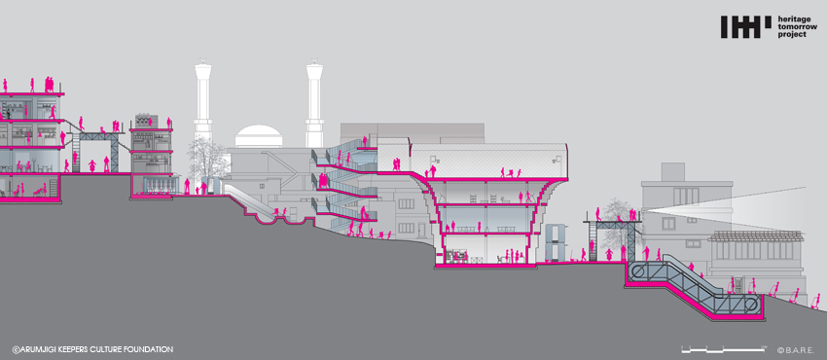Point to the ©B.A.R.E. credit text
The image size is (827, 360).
[795, 349]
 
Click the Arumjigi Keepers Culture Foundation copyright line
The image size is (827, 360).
[92, 349]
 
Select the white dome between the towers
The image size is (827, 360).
[259, 136]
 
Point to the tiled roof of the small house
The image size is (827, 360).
[756, 235]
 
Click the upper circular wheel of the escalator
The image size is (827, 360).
[638, 272]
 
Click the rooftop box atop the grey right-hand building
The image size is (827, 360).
[672, 172]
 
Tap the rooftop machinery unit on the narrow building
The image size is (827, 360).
[143, 122]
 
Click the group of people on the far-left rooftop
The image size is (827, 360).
[49, 85]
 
